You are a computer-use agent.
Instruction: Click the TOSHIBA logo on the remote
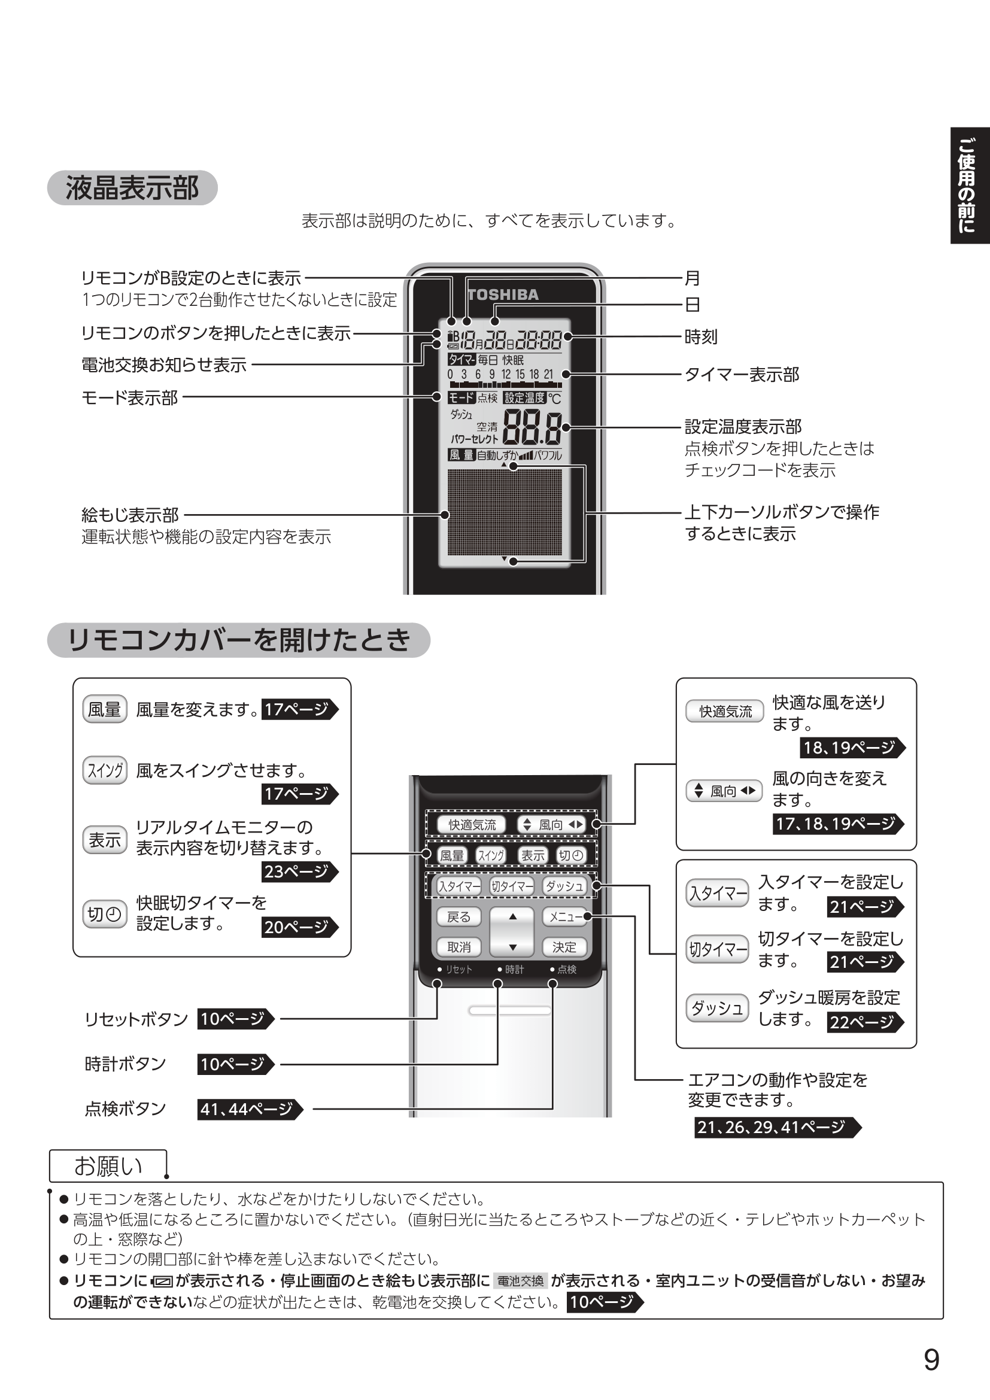tap(503, 295)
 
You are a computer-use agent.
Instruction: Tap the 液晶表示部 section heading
tap(132, 188)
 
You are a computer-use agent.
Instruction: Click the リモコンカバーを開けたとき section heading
tap(238, 640)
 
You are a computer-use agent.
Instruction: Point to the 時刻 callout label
tap(700, 336)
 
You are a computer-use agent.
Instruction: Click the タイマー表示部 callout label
tap(741, 374)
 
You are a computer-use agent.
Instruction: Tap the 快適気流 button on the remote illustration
tap(472, 825)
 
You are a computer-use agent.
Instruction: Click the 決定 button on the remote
tap(564, 947)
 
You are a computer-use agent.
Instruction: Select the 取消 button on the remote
tap(459, 947)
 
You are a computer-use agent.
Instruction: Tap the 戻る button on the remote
tap(459, 917)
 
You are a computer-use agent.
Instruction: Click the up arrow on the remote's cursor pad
tap(513, 916)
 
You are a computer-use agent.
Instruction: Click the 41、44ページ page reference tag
tap(249, 1109)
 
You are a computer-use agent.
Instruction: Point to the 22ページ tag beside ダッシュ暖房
tap(863, 1022)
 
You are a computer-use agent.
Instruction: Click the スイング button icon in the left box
tap(105, 771)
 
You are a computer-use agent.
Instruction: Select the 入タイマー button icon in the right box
tap(718, 894)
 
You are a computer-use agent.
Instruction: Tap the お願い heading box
tap(108, 1166)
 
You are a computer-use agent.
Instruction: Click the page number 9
tap(931, 1360)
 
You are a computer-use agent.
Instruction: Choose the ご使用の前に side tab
tap(968, 186)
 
